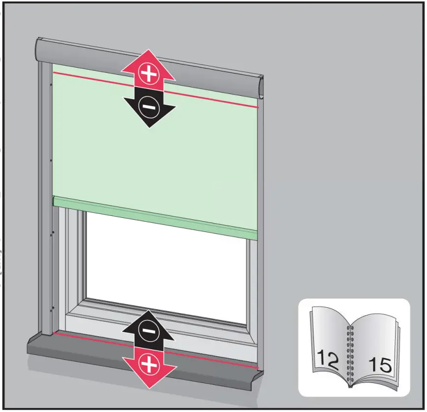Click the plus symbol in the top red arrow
click(147, 74)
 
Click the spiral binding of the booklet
click(351, 354)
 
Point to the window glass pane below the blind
click(167, 265)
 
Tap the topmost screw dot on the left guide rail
click(50, 84)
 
